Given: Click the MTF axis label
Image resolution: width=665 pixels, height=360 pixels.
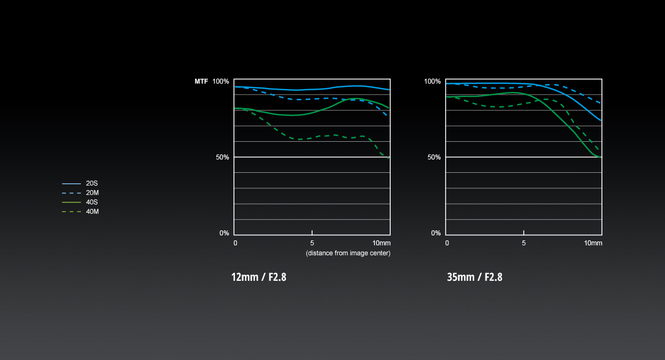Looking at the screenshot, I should click(201, 81).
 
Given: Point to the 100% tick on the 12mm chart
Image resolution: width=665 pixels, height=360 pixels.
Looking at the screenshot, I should click(221, 81).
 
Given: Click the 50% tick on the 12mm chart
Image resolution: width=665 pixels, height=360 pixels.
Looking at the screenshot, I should click(222, 157).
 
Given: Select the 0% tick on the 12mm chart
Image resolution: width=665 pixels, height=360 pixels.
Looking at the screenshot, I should click(224, 233).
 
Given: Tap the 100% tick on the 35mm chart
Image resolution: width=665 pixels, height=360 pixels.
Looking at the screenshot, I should click(432, 81).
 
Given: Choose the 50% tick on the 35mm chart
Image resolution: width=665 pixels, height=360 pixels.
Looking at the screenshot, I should click(434, 157).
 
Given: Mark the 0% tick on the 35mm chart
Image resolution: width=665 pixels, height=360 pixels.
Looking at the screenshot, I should click(436, 233).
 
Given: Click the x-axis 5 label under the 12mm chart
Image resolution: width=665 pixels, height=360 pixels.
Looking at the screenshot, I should click(312, 243).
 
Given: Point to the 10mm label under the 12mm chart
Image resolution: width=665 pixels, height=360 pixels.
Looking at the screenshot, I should click(381, 243).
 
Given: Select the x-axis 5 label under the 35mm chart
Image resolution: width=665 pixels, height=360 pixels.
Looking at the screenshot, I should click(524, 243).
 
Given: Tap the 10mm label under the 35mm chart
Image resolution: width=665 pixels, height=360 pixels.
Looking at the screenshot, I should click(593, 243).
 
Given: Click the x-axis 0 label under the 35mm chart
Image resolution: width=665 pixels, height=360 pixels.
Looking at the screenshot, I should click(447, 243).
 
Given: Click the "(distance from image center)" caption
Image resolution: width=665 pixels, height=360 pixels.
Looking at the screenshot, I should click(348, 253).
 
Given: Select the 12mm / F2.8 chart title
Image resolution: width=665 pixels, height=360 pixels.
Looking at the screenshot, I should click(259, 277).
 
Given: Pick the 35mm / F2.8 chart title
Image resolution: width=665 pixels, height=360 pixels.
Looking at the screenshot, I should click(474, 277).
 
